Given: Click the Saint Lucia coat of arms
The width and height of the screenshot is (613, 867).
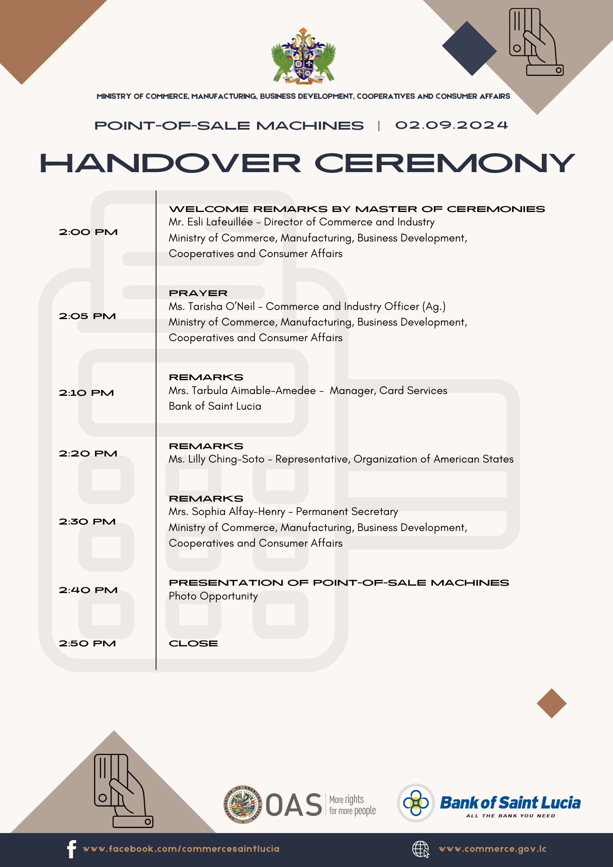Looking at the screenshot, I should click(x=303, y=56).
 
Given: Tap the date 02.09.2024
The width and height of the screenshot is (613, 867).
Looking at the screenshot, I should click(x=451, y=125).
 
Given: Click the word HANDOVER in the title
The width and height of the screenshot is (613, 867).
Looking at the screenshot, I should click(x=170, y=164).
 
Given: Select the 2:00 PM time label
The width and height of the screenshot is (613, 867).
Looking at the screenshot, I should click(x=88, y=232).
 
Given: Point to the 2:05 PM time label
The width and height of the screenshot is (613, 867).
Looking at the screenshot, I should click(x=88, y=316).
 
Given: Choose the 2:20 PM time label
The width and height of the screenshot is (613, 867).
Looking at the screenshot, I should click(x=88, y=454).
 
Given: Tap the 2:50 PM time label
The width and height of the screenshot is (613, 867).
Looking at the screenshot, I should click(x=88, y=644).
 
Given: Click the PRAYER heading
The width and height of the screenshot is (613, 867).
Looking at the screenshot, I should click(x=198, y=293).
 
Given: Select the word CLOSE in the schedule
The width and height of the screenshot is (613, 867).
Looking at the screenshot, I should click(x=193, y=644).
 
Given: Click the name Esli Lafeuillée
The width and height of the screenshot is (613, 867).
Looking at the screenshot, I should click(x=220, y=222).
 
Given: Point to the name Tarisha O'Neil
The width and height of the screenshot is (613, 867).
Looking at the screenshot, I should click(x=222, y=306).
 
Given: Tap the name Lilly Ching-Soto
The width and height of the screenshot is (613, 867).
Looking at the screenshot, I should click(x=226, y=459).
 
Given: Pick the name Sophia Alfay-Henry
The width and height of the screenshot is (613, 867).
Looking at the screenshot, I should click(x=238, y=512).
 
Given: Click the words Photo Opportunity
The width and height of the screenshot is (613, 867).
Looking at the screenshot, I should click(x=213, y=596).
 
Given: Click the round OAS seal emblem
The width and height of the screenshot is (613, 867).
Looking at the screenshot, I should click(x=243, y=805).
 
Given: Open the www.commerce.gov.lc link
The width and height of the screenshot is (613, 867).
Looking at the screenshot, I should click(x=492, y=849).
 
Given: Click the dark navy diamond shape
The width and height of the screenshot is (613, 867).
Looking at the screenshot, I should click(x=470, y=49).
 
